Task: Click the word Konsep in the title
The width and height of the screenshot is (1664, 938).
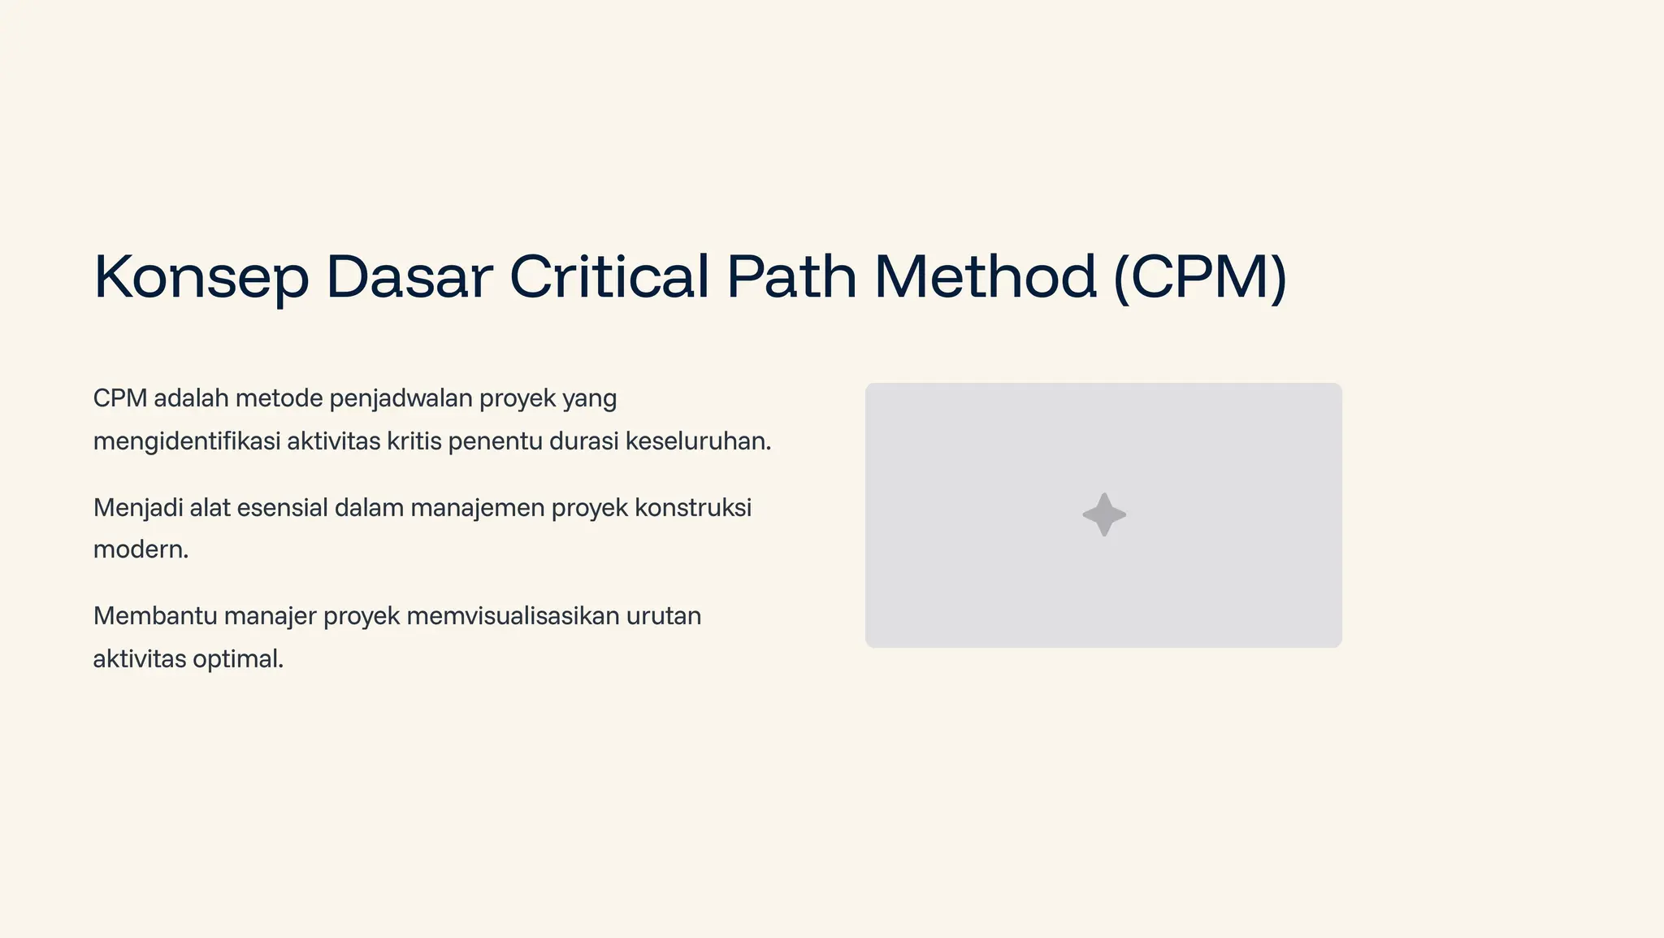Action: [201, 278]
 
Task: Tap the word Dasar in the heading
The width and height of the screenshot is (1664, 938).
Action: [409, 278]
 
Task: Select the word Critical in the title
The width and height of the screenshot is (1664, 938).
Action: [609, 278]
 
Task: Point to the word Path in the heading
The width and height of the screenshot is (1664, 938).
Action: [791, 278]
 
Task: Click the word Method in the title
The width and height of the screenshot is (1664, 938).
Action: [986, 278]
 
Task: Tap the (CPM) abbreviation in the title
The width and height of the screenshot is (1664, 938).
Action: [1200, 278]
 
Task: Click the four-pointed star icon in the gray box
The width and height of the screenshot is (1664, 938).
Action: [1104, 515]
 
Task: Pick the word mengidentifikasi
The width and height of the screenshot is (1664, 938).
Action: [186, 441]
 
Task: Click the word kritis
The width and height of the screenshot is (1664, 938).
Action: [414, 441]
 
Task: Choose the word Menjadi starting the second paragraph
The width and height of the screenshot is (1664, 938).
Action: [137, 508]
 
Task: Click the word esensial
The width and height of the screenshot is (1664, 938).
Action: [282, 508]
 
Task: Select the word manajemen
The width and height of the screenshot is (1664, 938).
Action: [477, 508]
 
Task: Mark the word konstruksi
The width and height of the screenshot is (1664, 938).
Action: [693, 508]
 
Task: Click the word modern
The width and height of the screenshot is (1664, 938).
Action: [141, 550]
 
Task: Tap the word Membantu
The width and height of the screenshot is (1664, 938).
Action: [155, 616]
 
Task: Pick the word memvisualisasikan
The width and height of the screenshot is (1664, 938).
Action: [513, 616]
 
